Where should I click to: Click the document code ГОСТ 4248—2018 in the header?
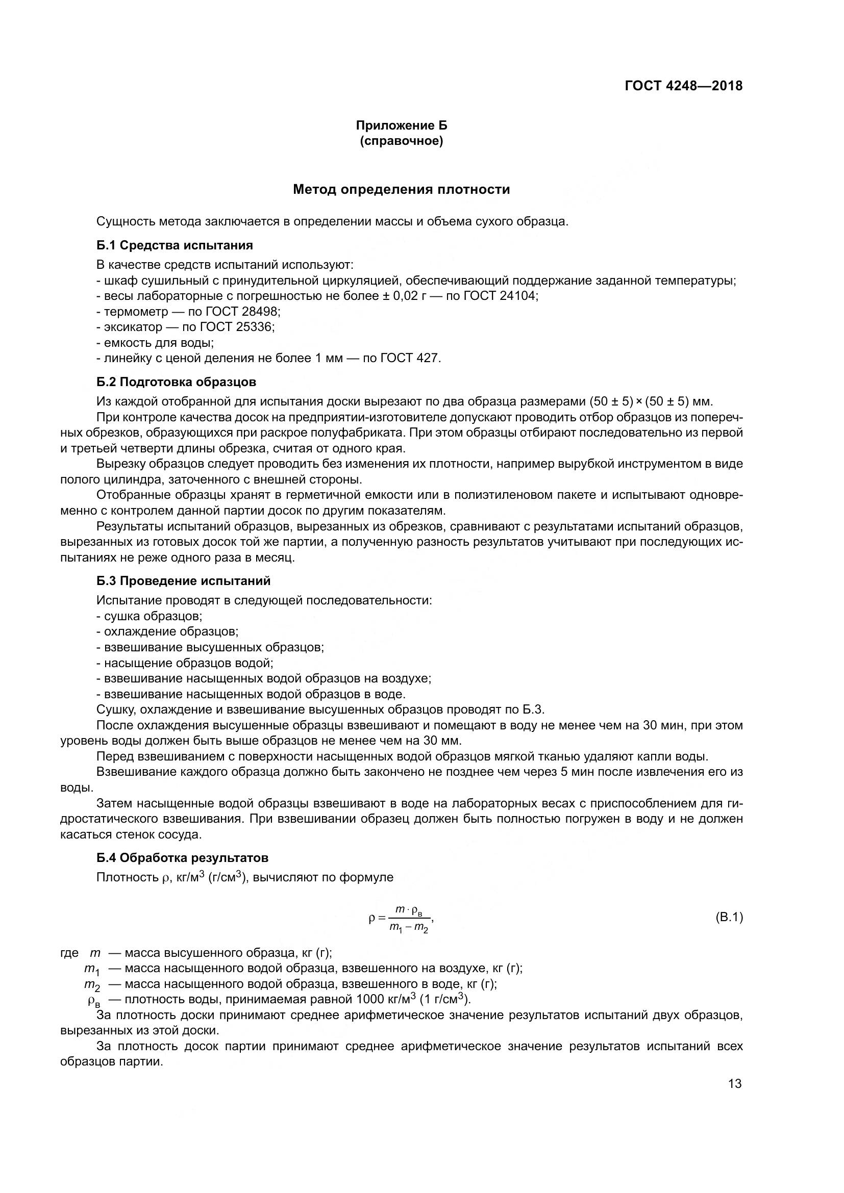pos(683,86)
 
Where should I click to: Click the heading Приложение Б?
pos(401,125)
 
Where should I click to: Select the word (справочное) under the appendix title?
pos(401,141)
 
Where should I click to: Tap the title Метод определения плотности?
pos(401,189)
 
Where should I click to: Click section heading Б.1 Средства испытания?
pos(175,245)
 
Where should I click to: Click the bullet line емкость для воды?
pos(159,343)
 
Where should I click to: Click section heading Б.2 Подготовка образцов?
pos(176,382)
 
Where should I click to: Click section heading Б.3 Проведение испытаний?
pos(184,580)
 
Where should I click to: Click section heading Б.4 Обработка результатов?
pos(182,857)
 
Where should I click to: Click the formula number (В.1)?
pos(729,917)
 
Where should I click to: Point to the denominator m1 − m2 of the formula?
pos(409,927)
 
